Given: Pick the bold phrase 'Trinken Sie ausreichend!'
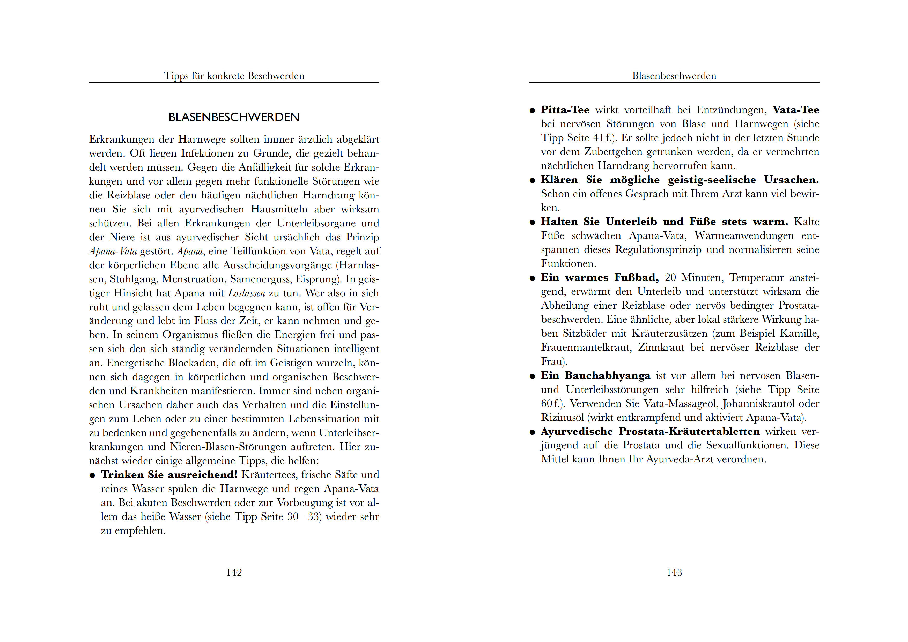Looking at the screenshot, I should [x=169, y=475].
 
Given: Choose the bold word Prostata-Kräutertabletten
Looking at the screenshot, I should [x=689, y=432].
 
